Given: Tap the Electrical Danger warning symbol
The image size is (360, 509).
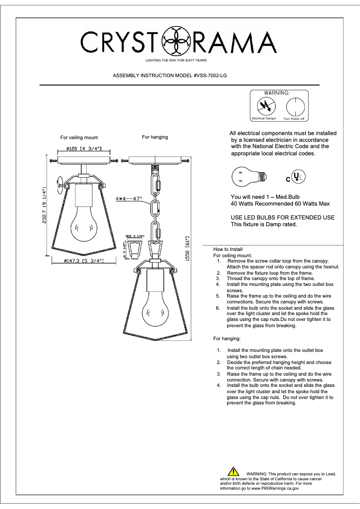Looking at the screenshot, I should (x=264, y=107).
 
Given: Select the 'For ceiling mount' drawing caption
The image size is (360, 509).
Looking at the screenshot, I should (x=79, y=138).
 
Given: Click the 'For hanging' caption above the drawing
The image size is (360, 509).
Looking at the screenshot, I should (x=155, y=137).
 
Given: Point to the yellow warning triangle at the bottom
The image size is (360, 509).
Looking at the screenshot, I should (x=233, y=471).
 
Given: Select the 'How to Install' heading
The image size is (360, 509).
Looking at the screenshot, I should (x=228, y=249).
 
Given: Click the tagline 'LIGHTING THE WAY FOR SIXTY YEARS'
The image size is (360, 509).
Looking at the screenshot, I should (x=176, y=60).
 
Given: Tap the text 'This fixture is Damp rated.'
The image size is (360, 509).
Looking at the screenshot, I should (x=263, y=224).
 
